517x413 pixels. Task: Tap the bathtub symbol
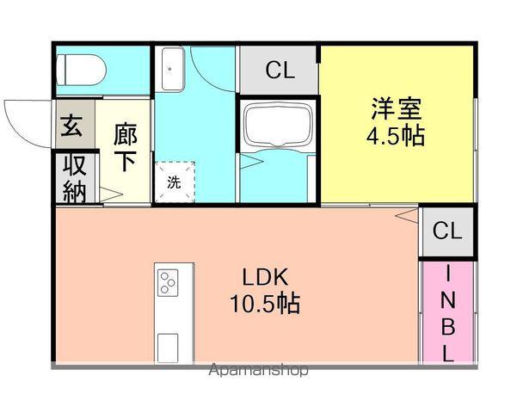pos(277,126)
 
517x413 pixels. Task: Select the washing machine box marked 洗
pos(175,182)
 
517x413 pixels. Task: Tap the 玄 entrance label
pos(71,126)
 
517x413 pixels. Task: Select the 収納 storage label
pos(75,178)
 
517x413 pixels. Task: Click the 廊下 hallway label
pos(125,147)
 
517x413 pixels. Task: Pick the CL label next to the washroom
pos(280,71)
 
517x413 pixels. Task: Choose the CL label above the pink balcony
pos(447,231)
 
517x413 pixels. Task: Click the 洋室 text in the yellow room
pos(397,109)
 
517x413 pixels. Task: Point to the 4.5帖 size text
pos(397,137)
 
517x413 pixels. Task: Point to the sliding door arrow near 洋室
pos(404,214)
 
